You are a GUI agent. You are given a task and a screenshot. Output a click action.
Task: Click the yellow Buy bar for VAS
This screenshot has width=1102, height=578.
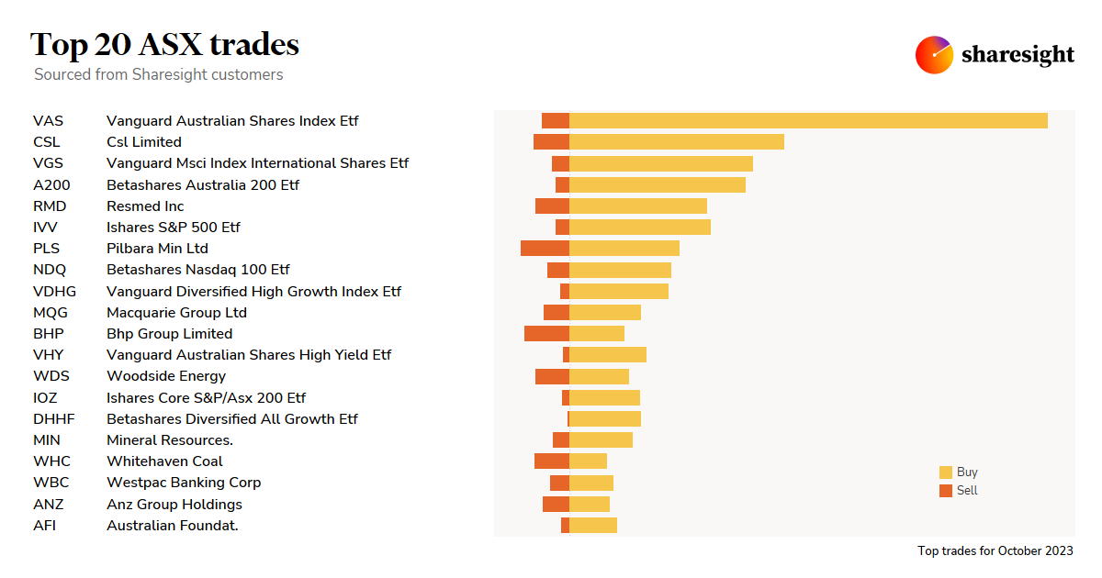pos(808,120)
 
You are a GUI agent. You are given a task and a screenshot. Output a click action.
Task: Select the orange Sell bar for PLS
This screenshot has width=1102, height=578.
pos(545,249)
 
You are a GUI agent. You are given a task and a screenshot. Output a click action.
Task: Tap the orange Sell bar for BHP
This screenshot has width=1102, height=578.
pos(546,334)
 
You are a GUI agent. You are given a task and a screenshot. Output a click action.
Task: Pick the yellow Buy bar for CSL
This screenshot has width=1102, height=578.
pos(677,142)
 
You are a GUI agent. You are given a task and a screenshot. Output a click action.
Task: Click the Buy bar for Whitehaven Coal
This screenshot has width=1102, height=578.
pos(588,461)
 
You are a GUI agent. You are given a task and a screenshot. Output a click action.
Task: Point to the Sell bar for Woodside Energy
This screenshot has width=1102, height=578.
pos(552,376)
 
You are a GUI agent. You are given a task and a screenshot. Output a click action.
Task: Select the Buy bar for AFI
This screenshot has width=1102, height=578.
pos(593,526)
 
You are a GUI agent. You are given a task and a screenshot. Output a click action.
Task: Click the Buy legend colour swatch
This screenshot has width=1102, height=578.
pos(946,472)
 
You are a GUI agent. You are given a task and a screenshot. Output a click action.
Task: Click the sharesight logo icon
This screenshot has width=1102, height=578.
pos(934,55)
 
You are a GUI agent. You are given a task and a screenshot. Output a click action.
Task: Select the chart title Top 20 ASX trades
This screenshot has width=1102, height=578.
pos(164,44)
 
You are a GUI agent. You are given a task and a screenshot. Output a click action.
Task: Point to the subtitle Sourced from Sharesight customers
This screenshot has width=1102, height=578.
pos(158,74)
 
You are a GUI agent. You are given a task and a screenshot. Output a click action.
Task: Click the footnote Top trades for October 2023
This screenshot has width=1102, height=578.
pos(995,551)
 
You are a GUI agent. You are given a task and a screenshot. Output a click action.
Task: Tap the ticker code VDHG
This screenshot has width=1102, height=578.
pos(54,292)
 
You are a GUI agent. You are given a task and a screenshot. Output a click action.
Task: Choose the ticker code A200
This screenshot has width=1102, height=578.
pos(51,185)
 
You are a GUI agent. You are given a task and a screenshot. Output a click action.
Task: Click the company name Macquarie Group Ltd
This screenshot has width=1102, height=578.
pos(176,313)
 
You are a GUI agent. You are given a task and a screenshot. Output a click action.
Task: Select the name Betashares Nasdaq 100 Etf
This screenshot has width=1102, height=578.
pos(197,270)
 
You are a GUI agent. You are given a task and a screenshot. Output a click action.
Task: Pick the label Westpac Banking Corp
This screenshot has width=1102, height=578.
pos(184,483)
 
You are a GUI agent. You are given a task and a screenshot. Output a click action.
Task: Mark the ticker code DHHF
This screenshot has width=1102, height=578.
pos(53,419)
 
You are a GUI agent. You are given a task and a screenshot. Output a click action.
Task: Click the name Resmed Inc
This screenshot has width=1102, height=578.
pos(145,206)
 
